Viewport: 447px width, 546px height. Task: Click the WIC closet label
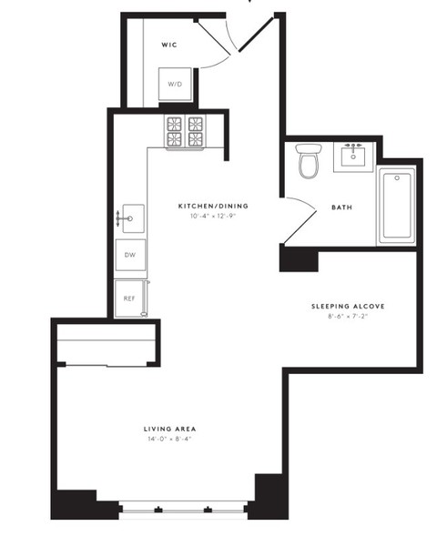(x=168, y=44)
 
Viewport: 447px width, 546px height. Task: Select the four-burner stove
(x=185, y=132)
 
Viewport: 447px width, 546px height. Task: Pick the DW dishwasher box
(x=129, y=256)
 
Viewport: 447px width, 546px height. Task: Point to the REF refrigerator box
(x=128, y=297)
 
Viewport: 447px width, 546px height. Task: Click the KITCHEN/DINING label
(x=212, y=206)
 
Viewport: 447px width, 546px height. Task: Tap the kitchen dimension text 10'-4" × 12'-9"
(x=212, y=217)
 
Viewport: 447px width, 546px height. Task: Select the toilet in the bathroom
(x=309, y=163)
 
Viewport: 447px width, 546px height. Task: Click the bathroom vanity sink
(x=353, y=157)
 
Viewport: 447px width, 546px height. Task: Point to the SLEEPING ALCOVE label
(x=347, y=307)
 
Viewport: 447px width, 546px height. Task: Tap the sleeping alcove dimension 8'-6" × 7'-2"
(x=347, y=318)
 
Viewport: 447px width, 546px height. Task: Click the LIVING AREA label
(x=170, y=428)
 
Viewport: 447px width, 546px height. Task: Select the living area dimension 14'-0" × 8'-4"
(x=170, y=439)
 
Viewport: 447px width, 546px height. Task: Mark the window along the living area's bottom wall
(x=187, y=510)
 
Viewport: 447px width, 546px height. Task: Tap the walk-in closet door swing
(x=218, y=45)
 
